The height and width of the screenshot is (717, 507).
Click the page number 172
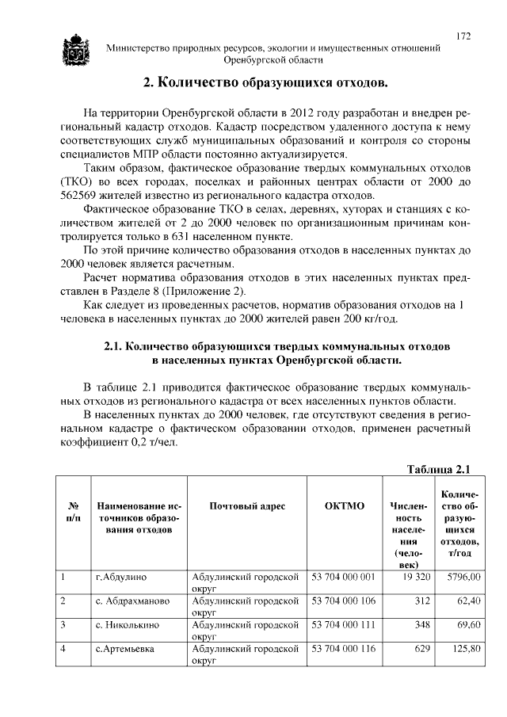[x=463, y=36]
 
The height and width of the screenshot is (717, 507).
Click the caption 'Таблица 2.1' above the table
[x=439, y=468]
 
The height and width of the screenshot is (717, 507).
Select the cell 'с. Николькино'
[x=127, y=625]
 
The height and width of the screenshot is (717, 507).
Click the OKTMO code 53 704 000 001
[x=342, y=577]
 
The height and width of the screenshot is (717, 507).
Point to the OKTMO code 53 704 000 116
[x=342, y=649]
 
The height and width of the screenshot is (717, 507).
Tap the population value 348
[x=420, y=625]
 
